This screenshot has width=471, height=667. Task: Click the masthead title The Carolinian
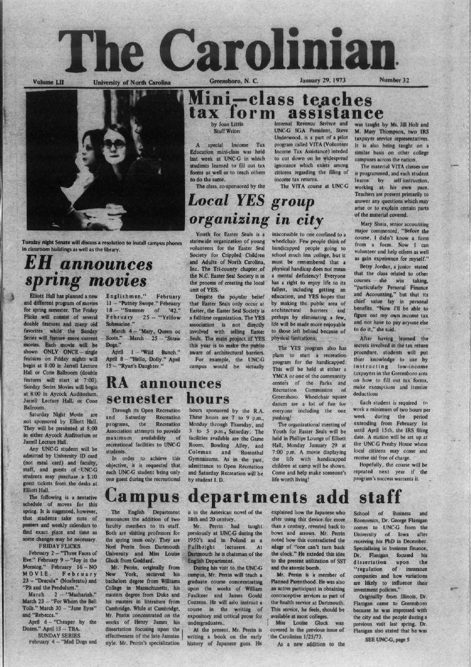tap(227, 50)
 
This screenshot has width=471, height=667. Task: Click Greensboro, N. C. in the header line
tap(235, 82)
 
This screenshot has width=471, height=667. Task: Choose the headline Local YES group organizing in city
tap(256, 210)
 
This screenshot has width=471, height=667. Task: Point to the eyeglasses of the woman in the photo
tap(114, 144)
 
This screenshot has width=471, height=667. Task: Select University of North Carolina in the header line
tap(132, 82)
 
